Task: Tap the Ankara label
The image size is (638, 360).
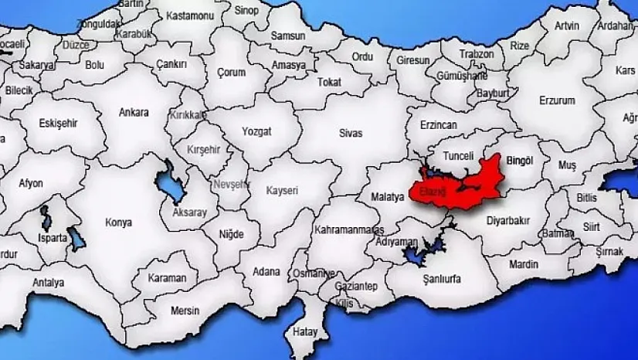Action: click(134, 112)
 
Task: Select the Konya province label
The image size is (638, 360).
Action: click(118, 222)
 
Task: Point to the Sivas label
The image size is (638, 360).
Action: click(350, 133)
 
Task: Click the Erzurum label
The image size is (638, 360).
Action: click(536, 101)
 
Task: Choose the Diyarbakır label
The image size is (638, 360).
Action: click(508, 220)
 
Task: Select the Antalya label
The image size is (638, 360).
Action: click(48, 283)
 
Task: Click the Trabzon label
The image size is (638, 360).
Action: click(477, 54)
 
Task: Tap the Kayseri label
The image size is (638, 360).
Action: click(282, 189)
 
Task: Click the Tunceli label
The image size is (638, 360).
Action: click(458, 156)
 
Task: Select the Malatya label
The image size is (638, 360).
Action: click(388, 197)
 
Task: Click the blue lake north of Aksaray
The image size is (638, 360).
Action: click(167, 182)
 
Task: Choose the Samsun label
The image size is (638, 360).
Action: click(288, 36)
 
